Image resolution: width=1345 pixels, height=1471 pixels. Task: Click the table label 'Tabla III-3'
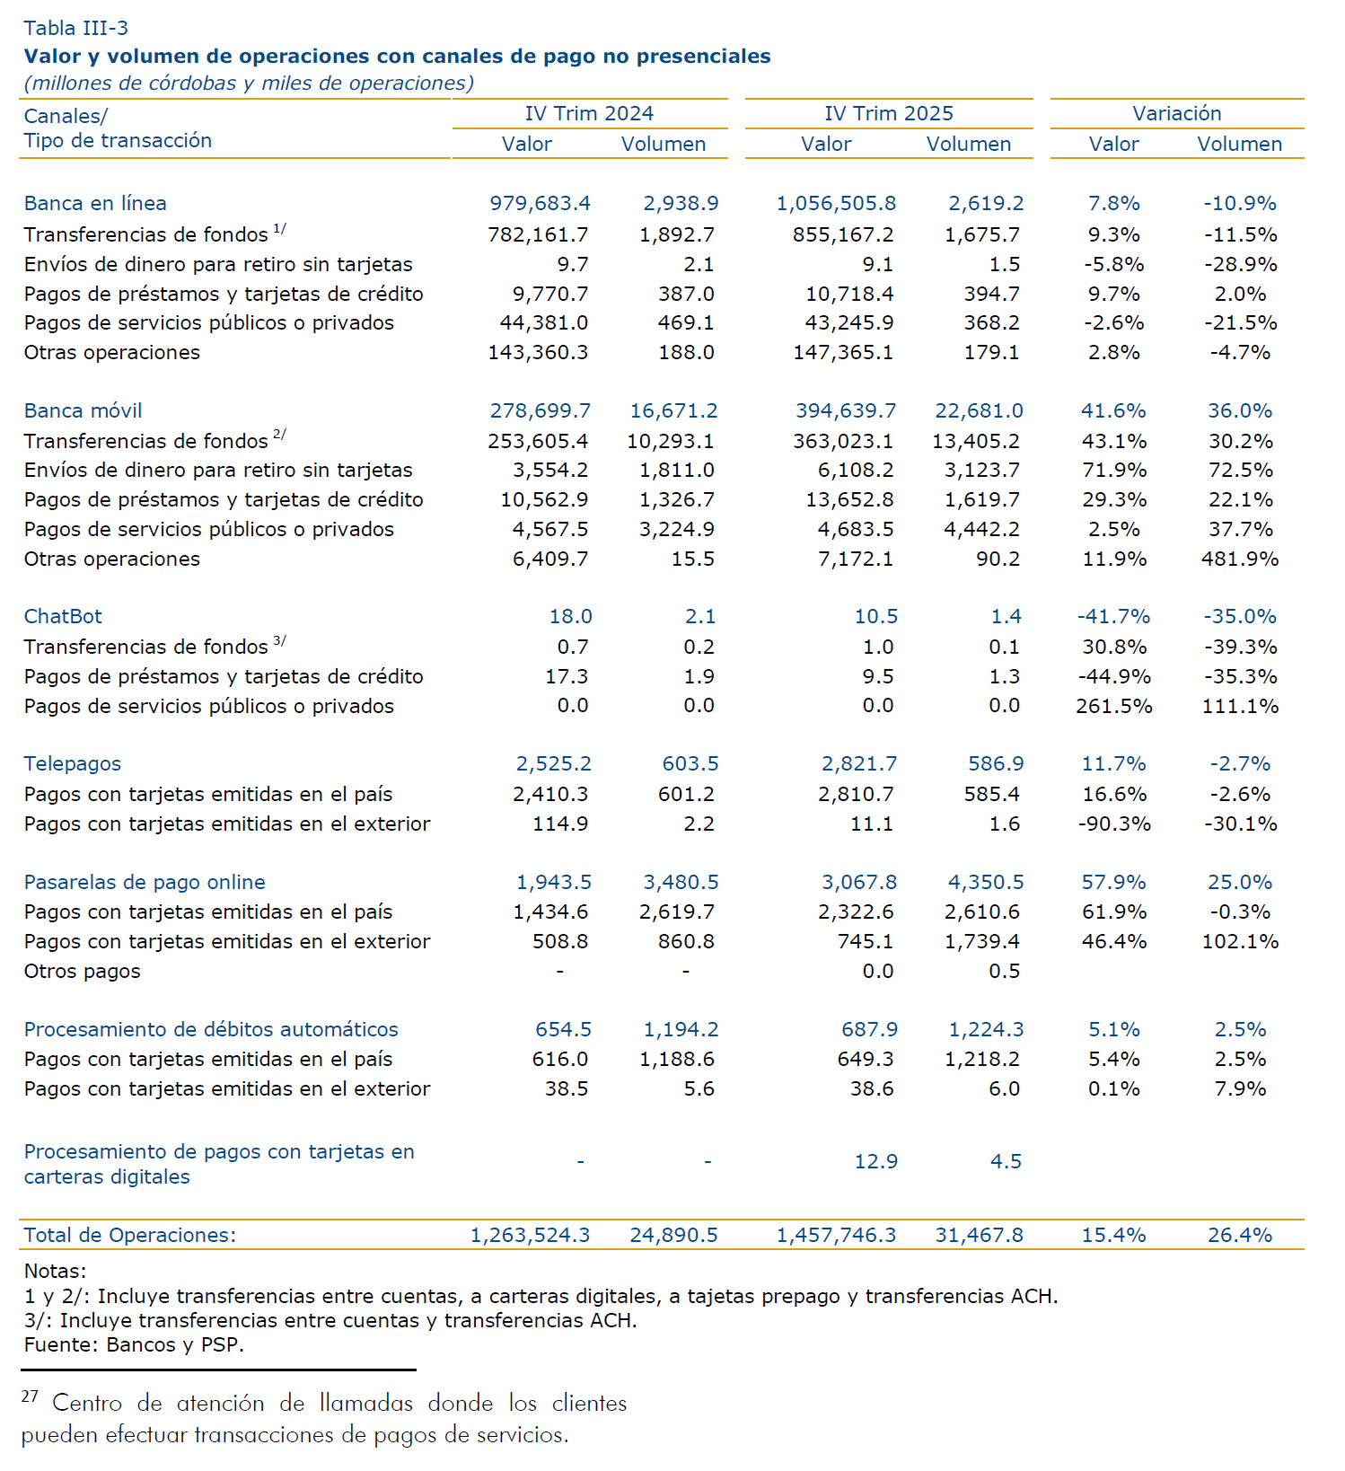point(76,29)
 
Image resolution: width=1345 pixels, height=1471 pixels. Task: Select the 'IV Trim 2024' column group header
point(589,113)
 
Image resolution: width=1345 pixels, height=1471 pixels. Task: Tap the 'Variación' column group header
point(1176,113)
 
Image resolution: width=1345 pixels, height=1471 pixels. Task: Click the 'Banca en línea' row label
point(95,204)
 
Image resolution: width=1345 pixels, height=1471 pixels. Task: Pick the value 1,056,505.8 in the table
point(836,204)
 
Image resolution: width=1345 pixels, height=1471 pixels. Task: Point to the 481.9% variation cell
point(1239,559)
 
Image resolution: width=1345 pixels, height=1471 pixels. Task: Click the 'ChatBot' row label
point(63,616)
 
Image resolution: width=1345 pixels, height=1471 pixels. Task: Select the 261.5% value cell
point(1113,706)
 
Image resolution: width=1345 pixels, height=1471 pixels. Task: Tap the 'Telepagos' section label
point(73,763)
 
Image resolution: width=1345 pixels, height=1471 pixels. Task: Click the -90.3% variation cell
point(1113,824)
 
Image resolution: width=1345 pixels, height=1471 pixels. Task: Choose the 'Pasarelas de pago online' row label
point(145,882)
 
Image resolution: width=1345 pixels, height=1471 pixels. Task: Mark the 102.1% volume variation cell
point(1239,941)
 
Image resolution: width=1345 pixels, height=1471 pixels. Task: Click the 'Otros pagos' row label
point(83,971)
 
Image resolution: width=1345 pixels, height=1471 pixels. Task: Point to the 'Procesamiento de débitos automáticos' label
point(211,1029)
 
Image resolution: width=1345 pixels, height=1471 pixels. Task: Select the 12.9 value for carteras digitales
point(875,1161)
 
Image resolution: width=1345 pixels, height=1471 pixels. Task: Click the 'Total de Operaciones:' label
point(130,1235)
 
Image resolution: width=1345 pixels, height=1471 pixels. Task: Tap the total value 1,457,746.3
point(836,1235)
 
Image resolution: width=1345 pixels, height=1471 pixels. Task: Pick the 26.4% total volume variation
point(1239,1235)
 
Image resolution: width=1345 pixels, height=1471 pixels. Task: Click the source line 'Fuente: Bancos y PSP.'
point(135,1344)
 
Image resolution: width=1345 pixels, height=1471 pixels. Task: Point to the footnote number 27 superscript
point(30,1396)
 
